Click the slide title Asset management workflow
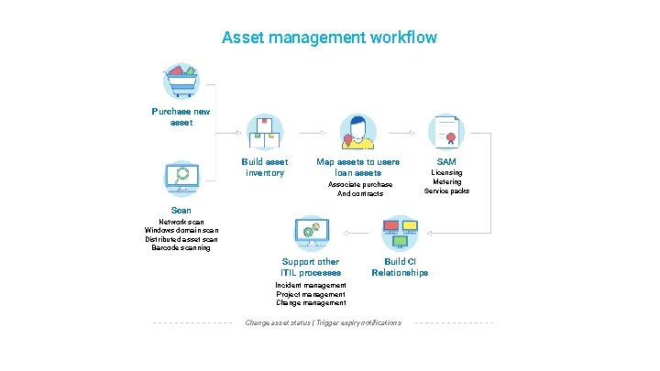click(329, 38)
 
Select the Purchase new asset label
click(181, 117)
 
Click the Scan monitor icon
click(181, 179)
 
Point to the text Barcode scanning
click(181, 248)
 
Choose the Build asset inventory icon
click(265, 133)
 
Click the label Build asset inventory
click(265, 168)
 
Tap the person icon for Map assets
click(357, 133)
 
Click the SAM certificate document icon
click(447, 133)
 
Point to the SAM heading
click(446, 162)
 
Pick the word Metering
click(446, 181)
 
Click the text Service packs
click(446, 191)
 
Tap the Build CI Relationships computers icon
click(400, 234)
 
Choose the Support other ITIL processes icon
click(310, 234)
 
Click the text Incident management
click(311, 286)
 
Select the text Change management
click(311, 303)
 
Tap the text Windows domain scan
click(181, 231)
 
